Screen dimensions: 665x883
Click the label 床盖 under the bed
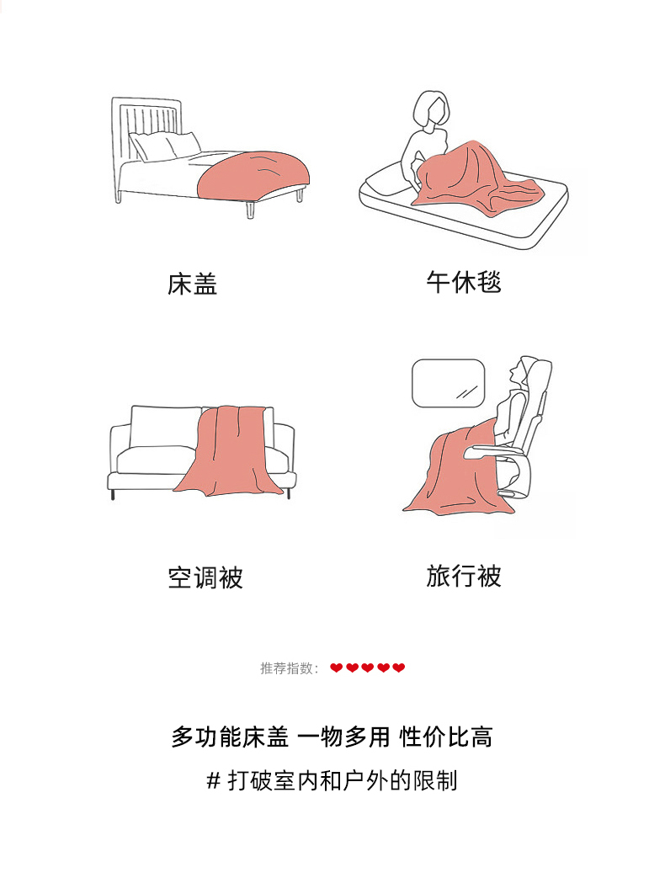pyautogui.click(x=192, y=284)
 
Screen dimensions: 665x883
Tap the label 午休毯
pyautogui.click(x=464, y=282)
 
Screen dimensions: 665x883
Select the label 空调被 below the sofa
pyautogui.click(x=205, y=577)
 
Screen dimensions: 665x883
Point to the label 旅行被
pyautogui.click(x=464, y=576)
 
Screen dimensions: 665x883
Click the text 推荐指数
pyautogui.click(x=286, y=668)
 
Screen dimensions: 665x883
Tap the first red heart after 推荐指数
pyautogui.click(x=336, y=668)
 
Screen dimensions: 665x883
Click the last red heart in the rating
pyautogui.click(x=399, y=668)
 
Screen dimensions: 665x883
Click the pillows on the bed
pyautogui.click(x=164, y=146)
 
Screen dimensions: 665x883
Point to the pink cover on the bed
pyautogui.click(x=253, y=174)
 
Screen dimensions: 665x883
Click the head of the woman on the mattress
pyautogui.click(x=432, y=110)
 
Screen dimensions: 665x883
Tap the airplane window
pyautogui.click(x=448, y=383)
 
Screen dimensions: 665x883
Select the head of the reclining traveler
pyautogui.click(x=521, y=372)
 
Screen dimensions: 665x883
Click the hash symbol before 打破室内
pyautogui.click(x=213, y=781)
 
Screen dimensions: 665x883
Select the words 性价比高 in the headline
pyautogui.click(x=446, y=737)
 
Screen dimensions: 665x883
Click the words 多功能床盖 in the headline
pyautogui.click(x=230, y=737)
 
